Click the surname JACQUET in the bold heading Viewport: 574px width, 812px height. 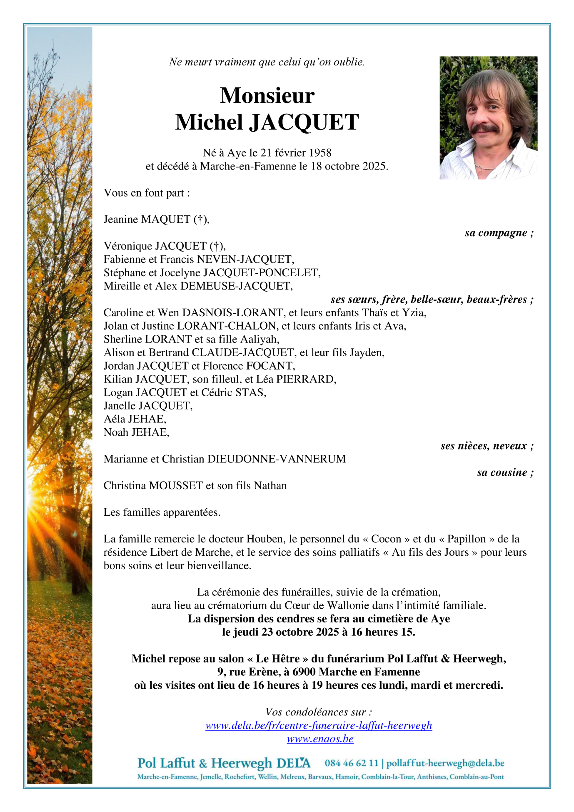click(304, 122)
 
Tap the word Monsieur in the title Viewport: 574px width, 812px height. click(267, 95)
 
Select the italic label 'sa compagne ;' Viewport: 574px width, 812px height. click(499, 233)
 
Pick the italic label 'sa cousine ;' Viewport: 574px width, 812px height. click(505, 472)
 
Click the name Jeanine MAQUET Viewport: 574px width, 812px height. click(147, 220)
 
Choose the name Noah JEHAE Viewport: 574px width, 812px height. click(136, 432)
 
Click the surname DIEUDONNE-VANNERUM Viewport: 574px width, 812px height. click(277, 459)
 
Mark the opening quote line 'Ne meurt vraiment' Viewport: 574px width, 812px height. click(267, 62)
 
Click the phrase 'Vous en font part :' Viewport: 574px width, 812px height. click(147, 193)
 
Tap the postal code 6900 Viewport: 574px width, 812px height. click(304, 672)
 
